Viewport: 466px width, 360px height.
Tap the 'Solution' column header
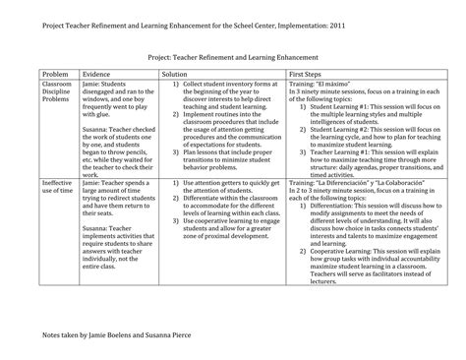point(174,74)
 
